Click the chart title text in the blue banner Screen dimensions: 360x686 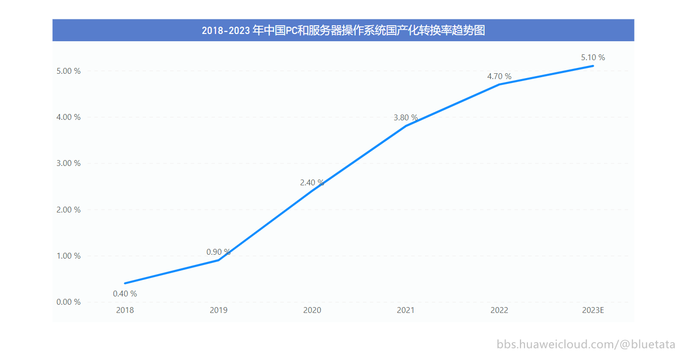343,31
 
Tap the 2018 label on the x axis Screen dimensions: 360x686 125,310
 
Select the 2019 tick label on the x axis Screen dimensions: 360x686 218,310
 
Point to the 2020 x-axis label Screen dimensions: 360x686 312,310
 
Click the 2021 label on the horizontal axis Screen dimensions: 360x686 406,310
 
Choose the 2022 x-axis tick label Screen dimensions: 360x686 499,310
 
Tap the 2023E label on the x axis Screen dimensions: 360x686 593,310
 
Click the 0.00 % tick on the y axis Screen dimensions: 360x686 68,302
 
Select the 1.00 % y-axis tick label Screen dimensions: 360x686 68,256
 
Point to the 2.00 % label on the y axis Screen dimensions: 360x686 68,210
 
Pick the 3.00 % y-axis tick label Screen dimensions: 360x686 68,164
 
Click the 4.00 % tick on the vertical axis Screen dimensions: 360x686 68,117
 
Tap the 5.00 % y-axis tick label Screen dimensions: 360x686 68,71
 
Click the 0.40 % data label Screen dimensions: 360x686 125,294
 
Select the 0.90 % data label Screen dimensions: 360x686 218,252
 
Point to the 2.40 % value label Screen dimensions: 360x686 312,182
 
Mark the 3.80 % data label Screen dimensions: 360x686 406,117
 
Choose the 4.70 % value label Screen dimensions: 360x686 499,76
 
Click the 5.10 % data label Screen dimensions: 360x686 593,57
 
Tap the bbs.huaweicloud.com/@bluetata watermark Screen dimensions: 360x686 586,344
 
